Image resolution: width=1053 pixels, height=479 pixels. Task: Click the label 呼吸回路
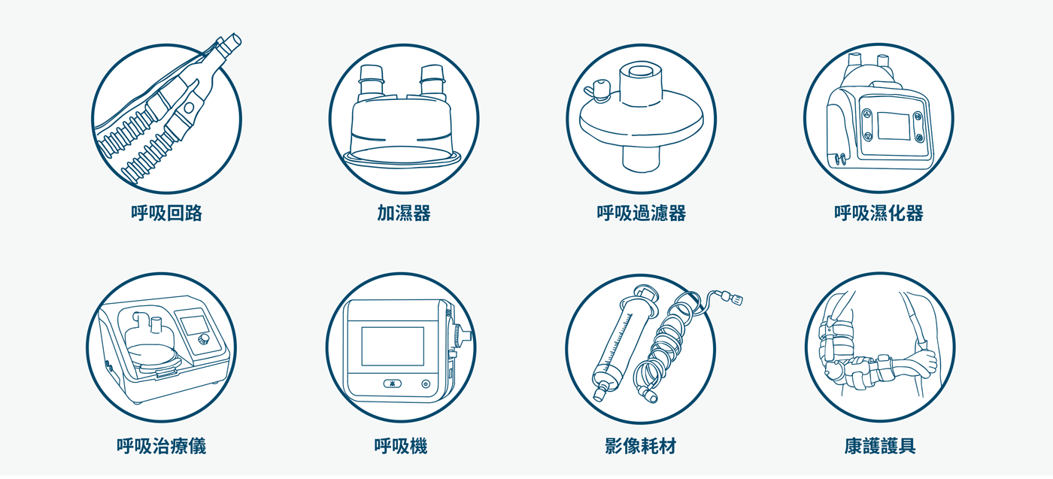point(166,213)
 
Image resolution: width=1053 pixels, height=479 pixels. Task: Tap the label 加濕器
point(404,213)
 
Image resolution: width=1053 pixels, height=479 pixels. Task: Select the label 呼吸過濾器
point(641,213)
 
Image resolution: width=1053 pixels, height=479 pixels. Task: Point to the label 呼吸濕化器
point(879,213)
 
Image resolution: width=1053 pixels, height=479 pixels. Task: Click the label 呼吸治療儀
point(161,446)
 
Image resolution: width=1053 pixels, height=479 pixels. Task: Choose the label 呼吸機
point(400,446)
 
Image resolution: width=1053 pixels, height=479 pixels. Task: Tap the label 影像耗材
point(640,446)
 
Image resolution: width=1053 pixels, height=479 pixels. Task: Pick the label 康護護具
point(879,446)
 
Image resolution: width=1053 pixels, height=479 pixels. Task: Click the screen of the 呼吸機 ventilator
point(393,346)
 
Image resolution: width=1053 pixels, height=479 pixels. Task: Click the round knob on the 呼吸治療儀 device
point(204,339)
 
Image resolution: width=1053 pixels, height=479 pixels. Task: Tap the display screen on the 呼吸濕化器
point(894,126)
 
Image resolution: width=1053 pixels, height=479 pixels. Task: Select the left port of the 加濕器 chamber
point(372,82)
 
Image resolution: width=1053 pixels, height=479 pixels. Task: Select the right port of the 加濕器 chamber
point(432,81)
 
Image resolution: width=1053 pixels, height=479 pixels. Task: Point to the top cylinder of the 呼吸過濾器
point(641,83)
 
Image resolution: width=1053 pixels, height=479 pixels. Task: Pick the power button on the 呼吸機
point(426,384)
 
